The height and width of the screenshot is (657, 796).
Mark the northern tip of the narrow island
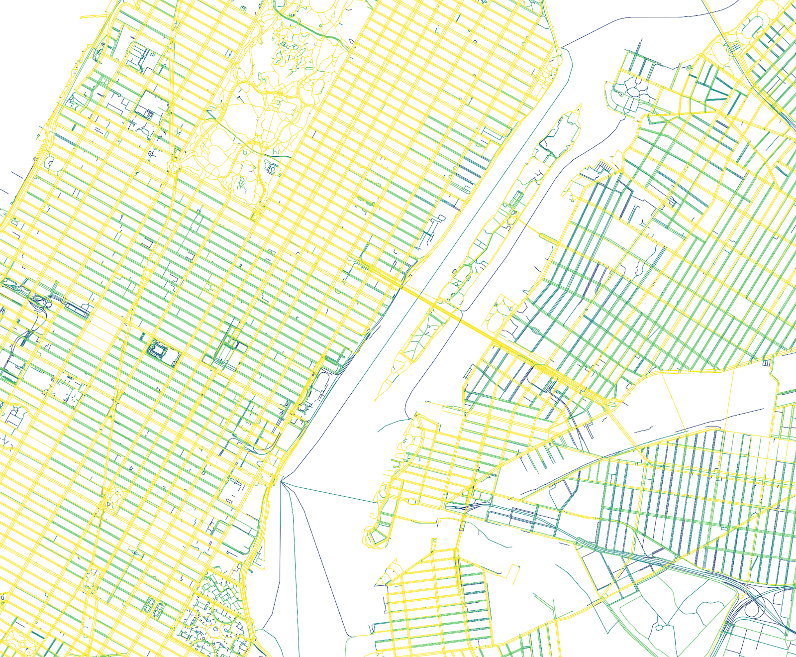click(x=580, y=106)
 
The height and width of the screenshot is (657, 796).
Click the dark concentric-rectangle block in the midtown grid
click(x=158, y=349)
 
